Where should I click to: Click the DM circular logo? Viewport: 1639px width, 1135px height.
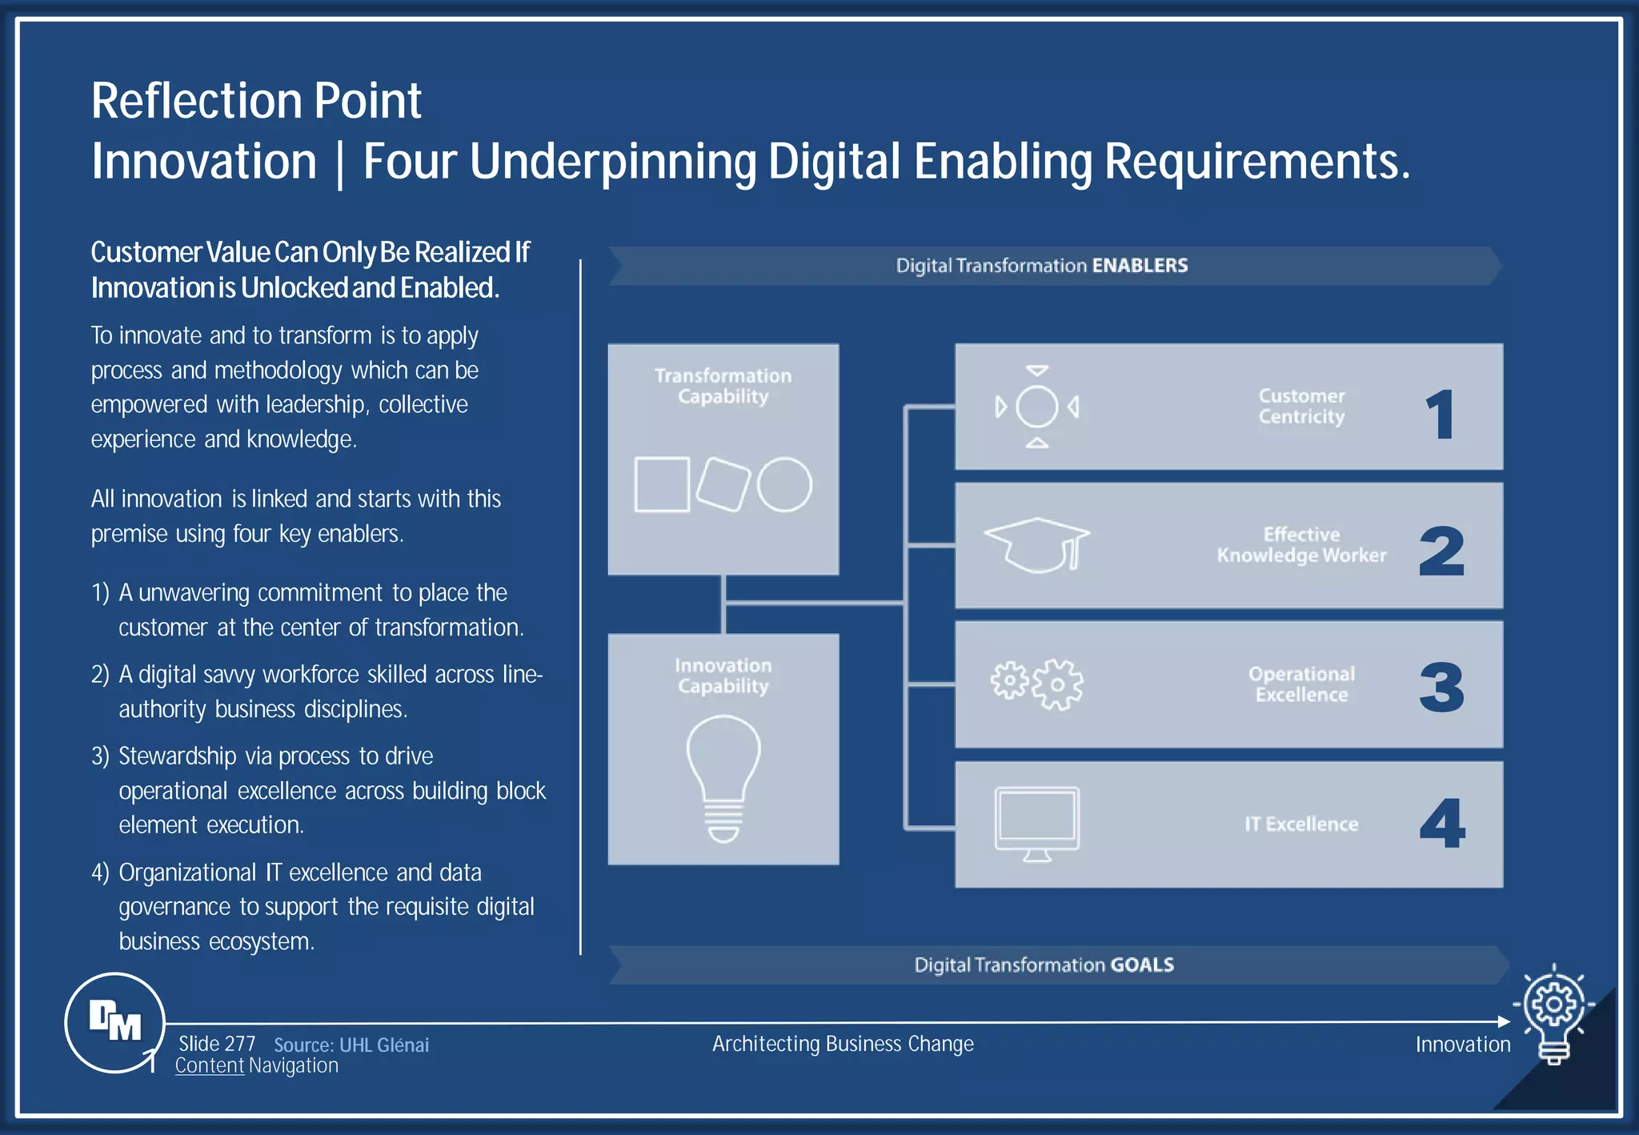(x=114, y=1022)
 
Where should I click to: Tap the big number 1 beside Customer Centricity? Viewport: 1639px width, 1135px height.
(x=1441, y=414)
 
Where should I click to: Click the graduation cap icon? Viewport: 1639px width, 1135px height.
(x=1037, y=544)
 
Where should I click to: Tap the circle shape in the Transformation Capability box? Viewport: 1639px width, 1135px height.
(x=784, y=484)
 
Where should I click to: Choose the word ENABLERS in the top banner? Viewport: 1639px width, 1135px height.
(x=1140, y=266)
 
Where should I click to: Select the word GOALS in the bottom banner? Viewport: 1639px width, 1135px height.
(x=1142, y=965)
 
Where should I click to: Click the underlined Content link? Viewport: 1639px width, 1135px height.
(x=209, y=1066)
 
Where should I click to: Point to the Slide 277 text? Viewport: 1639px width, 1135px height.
(x=217, y=1044)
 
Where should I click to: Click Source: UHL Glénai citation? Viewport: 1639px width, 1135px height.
(x=351, y=1045)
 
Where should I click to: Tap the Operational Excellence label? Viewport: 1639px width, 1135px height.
(x=1301, y=684)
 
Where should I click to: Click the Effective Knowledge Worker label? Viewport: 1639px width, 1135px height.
(x=1301, y=545)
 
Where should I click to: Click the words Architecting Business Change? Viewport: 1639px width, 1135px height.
(x=843, y=1044)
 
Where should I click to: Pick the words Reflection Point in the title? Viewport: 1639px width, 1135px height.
(x=256, y=101)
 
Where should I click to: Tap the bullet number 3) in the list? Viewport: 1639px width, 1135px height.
(x=100, y=756)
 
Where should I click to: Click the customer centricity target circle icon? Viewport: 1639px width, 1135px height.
(x=1037, y=407)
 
